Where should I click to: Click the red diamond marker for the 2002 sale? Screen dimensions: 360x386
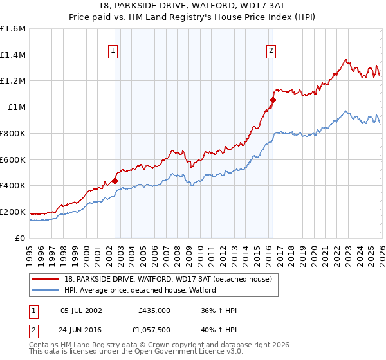[115, 181]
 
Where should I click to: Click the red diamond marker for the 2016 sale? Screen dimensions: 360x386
[273, 100]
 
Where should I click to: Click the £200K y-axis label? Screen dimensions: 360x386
[13, 212]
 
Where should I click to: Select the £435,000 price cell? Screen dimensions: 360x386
[154, 310]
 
